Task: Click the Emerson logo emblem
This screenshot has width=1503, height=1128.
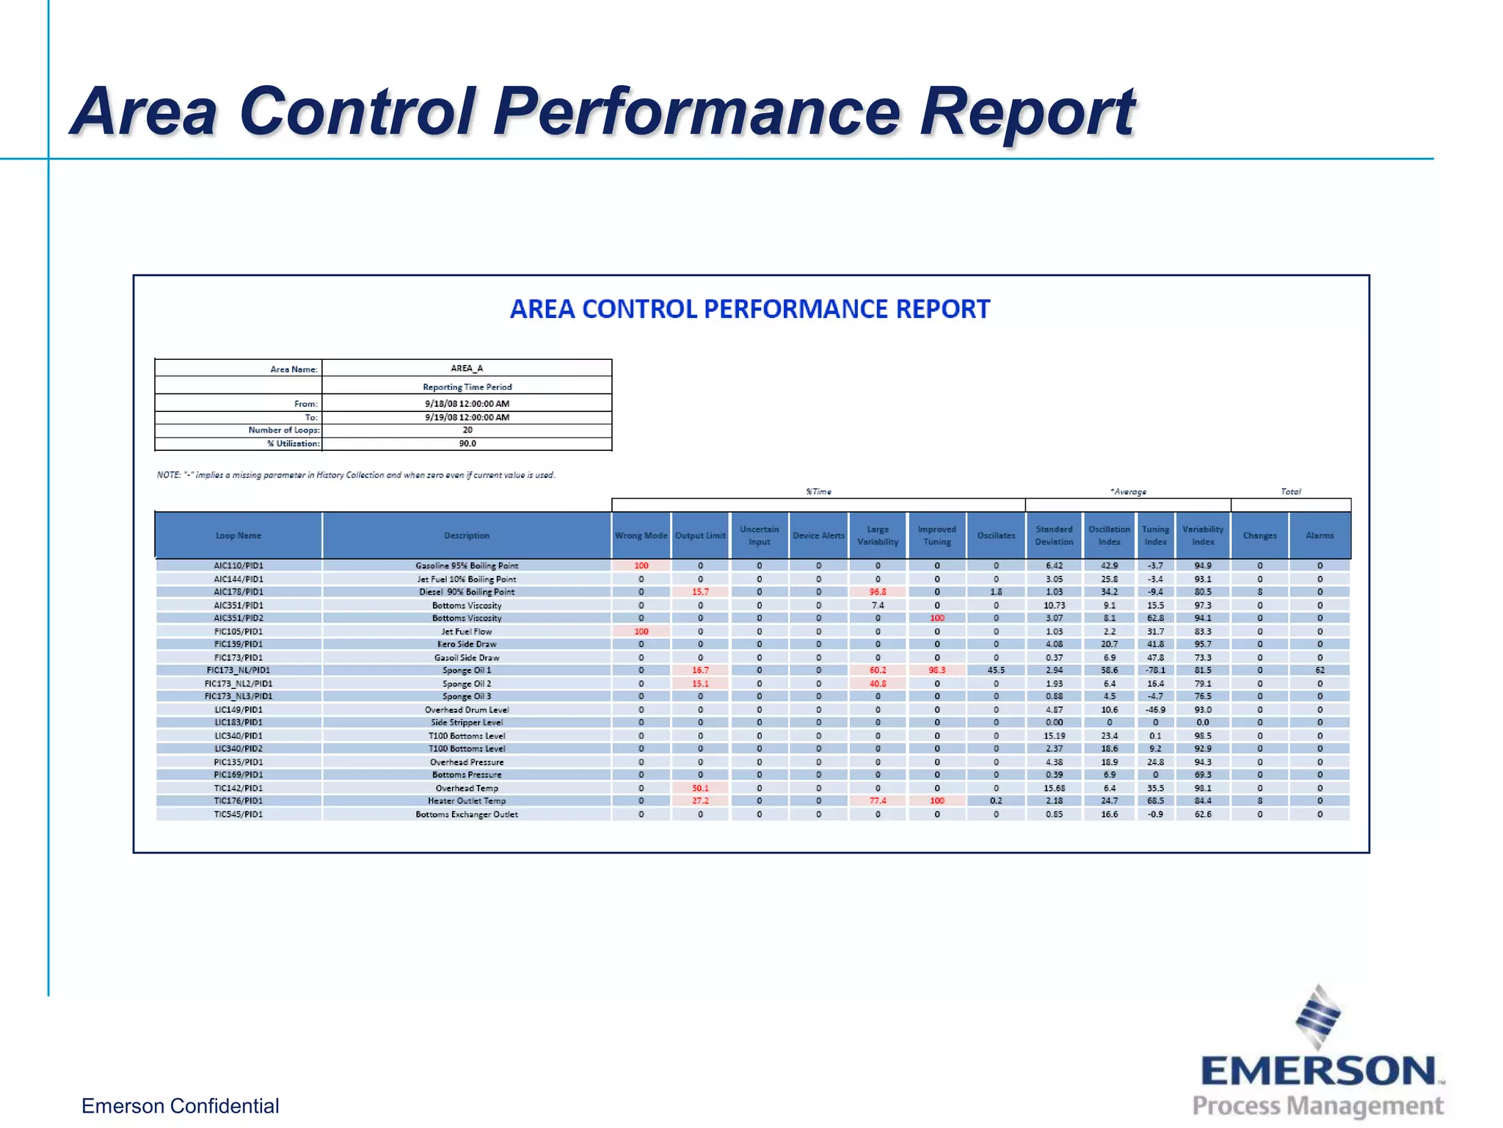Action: point(1317,1018)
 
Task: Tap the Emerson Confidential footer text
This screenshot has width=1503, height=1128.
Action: point(180,1106)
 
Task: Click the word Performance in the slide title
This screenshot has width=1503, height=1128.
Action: point(696,112)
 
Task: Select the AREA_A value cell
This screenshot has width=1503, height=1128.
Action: point(467,369)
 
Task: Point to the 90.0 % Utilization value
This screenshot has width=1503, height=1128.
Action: point(467,444)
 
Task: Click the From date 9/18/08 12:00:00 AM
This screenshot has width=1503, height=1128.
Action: point(467,404)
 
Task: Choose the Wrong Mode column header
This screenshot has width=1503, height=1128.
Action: point(641,535)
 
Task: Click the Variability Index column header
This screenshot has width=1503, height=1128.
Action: point(1202,535)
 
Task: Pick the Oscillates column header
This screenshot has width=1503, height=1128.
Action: point(996,535)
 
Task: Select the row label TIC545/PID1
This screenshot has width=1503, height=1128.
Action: point(238,814)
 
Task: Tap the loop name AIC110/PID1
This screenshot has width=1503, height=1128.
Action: point(238,565)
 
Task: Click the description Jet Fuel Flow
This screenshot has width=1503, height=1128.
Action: point(467,632)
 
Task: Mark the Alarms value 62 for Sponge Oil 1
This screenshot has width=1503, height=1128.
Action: point(1320,670)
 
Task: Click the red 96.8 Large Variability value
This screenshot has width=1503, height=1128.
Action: point(878,592)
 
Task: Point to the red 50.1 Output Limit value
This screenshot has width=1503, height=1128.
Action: point(700,788)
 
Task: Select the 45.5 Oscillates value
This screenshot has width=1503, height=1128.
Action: point(996,670)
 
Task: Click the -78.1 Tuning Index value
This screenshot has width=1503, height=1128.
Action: point(1155,670)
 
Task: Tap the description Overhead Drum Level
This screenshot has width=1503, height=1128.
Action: point(467,710)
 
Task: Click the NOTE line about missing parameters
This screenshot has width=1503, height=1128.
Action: point(356,475)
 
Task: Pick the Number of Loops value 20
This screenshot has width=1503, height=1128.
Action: point(467,430)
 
